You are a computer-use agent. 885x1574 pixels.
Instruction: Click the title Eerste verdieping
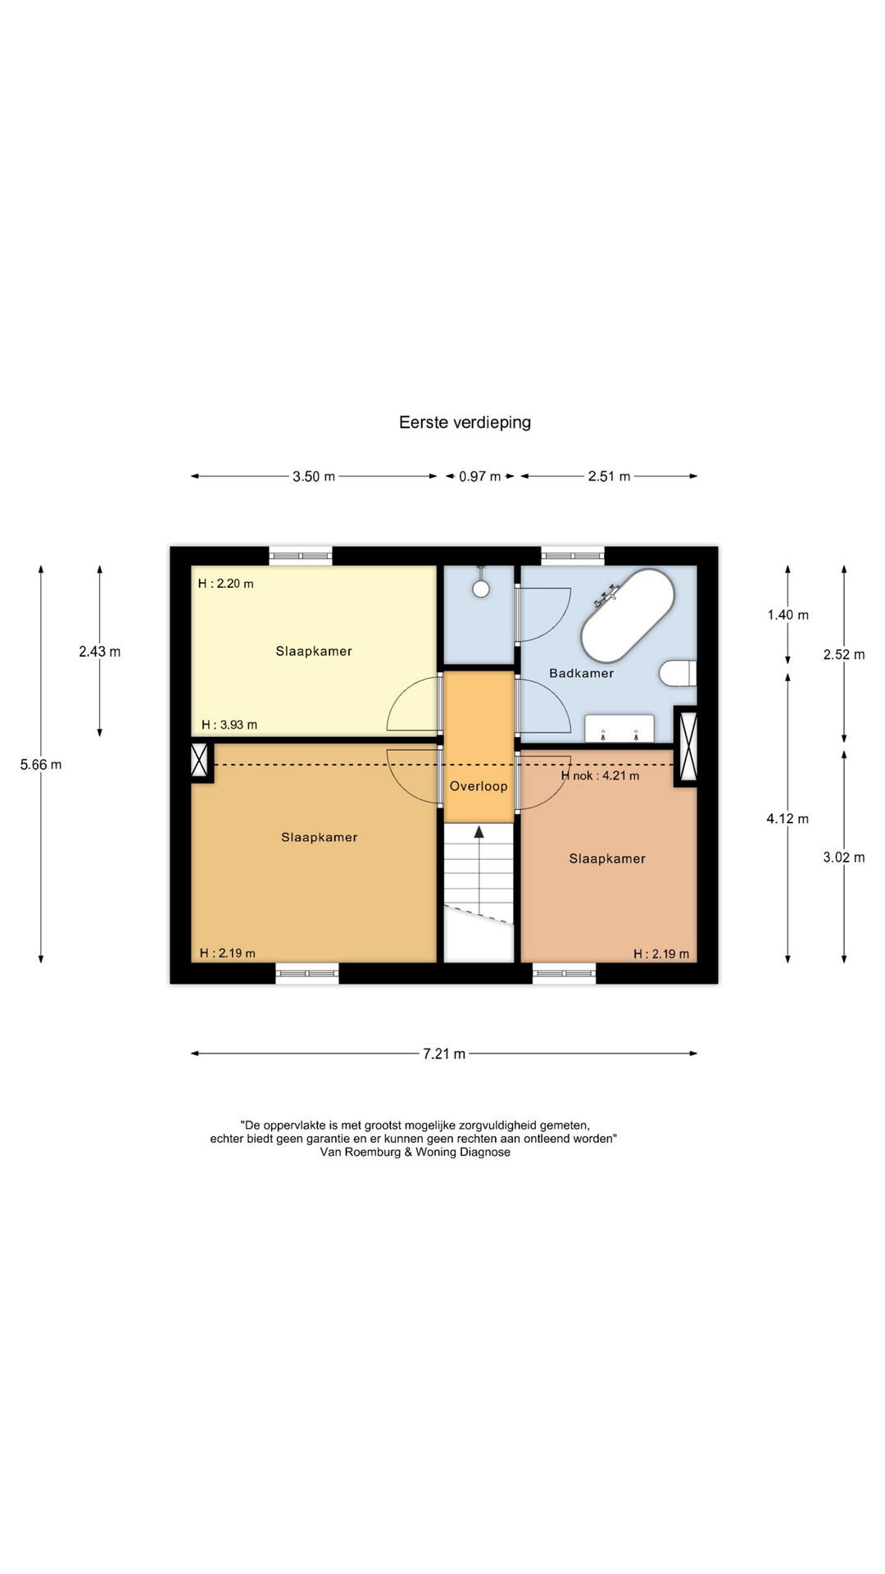(465, 422)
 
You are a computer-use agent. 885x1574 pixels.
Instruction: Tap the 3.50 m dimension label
(314, 476)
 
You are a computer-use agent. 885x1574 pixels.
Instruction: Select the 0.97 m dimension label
(479, 476)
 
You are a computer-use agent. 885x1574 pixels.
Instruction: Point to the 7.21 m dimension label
(444, 1053)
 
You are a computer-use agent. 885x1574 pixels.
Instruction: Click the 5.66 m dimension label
(41, 765)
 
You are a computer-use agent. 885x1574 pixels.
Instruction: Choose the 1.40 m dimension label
(787, 615)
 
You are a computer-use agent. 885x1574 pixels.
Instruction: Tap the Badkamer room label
(581, 673)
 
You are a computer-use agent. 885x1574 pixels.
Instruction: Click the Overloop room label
(479, 786)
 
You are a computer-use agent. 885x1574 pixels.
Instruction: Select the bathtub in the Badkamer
(628, 616)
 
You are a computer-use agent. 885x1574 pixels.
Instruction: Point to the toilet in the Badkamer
(678, 673)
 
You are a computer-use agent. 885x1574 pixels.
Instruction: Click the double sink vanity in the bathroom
(619, 728)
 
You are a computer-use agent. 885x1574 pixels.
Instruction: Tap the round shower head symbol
(481, 588)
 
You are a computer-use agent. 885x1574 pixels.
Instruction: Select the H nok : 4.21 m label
(600, 776)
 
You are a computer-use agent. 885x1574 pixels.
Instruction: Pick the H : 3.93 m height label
(229, 725)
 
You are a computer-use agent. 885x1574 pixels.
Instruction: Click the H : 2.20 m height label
(226, 584)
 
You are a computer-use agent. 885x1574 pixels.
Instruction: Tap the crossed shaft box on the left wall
(199, 760)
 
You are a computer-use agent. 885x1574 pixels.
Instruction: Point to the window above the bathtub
(573, 556)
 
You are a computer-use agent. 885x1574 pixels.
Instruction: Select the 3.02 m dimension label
(844, 858)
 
